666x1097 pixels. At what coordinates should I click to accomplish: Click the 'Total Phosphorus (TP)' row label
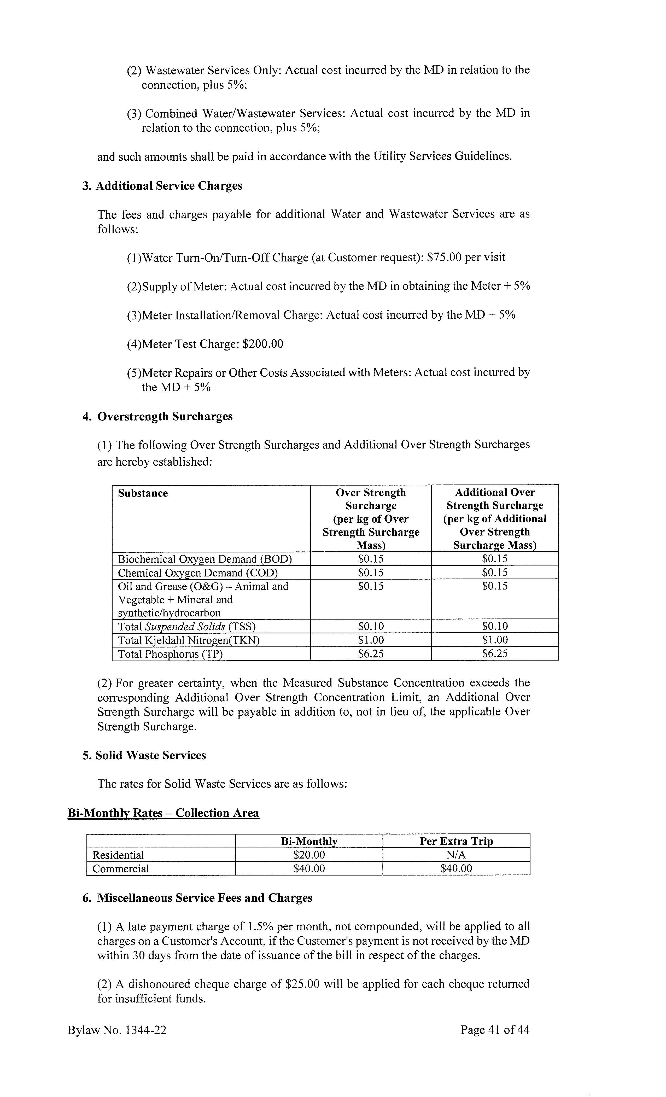coord(170,654)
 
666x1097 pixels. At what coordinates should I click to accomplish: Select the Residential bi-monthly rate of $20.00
coord(309,855)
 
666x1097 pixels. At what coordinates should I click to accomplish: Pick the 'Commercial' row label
coord(121,869)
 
